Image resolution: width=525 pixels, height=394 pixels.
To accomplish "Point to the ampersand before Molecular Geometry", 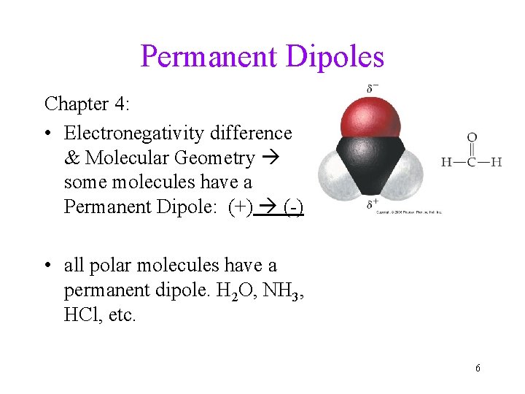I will coord(71,158).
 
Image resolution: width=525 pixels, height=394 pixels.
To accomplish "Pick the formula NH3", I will coord(279,292).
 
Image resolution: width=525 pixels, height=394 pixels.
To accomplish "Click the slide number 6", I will coord(478,368).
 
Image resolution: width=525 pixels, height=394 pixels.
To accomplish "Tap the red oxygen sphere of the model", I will coord(372,119).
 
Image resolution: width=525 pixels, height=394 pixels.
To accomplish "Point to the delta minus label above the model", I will coord(373,89).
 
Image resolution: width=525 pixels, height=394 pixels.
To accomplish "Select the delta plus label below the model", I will coord(373,204).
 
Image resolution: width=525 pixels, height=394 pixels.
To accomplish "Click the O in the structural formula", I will coord(472,136).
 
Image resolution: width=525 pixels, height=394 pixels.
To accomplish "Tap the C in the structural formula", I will coord(472,162).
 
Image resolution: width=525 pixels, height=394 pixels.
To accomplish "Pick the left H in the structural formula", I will coord(446,162).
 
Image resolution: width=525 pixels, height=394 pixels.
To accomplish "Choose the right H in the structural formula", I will coord(497,162).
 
